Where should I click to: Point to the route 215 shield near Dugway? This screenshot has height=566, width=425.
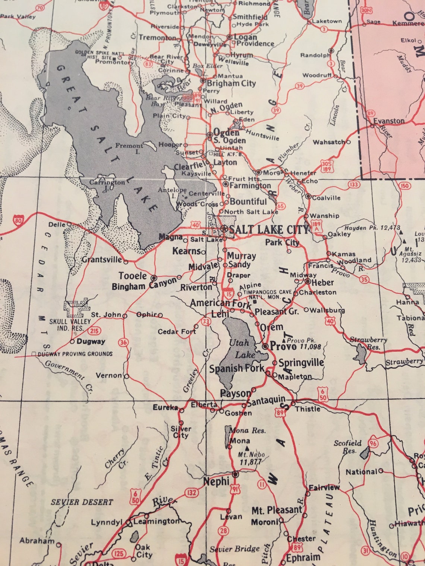[95, 331]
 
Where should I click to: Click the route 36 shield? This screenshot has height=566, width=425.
[123, 343]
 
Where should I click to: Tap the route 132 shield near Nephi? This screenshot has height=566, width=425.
[192, 493]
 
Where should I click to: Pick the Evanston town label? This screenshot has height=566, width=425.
[389, 121]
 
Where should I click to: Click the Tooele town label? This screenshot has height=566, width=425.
[133, 276]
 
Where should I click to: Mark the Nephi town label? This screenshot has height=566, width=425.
[216, 481]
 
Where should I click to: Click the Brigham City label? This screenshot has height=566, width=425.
[231, 83]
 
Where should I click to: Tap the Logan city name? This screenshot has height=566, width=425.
[245, 37]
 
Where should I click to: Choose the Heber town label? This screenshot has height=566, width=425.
[322, 282]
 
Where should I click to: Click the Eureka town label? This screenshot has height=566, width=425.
[166, 407]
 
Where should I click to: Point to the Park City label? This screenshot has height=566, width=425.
[282, 242]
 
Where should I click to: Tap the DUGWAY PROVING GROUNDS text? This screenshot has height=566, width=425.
[75, 354]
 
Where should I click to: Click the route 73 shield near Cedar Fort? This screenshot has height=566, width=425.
[205, 321]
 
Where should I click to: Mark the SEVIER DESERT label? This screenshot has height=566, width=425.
[82, 502]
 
